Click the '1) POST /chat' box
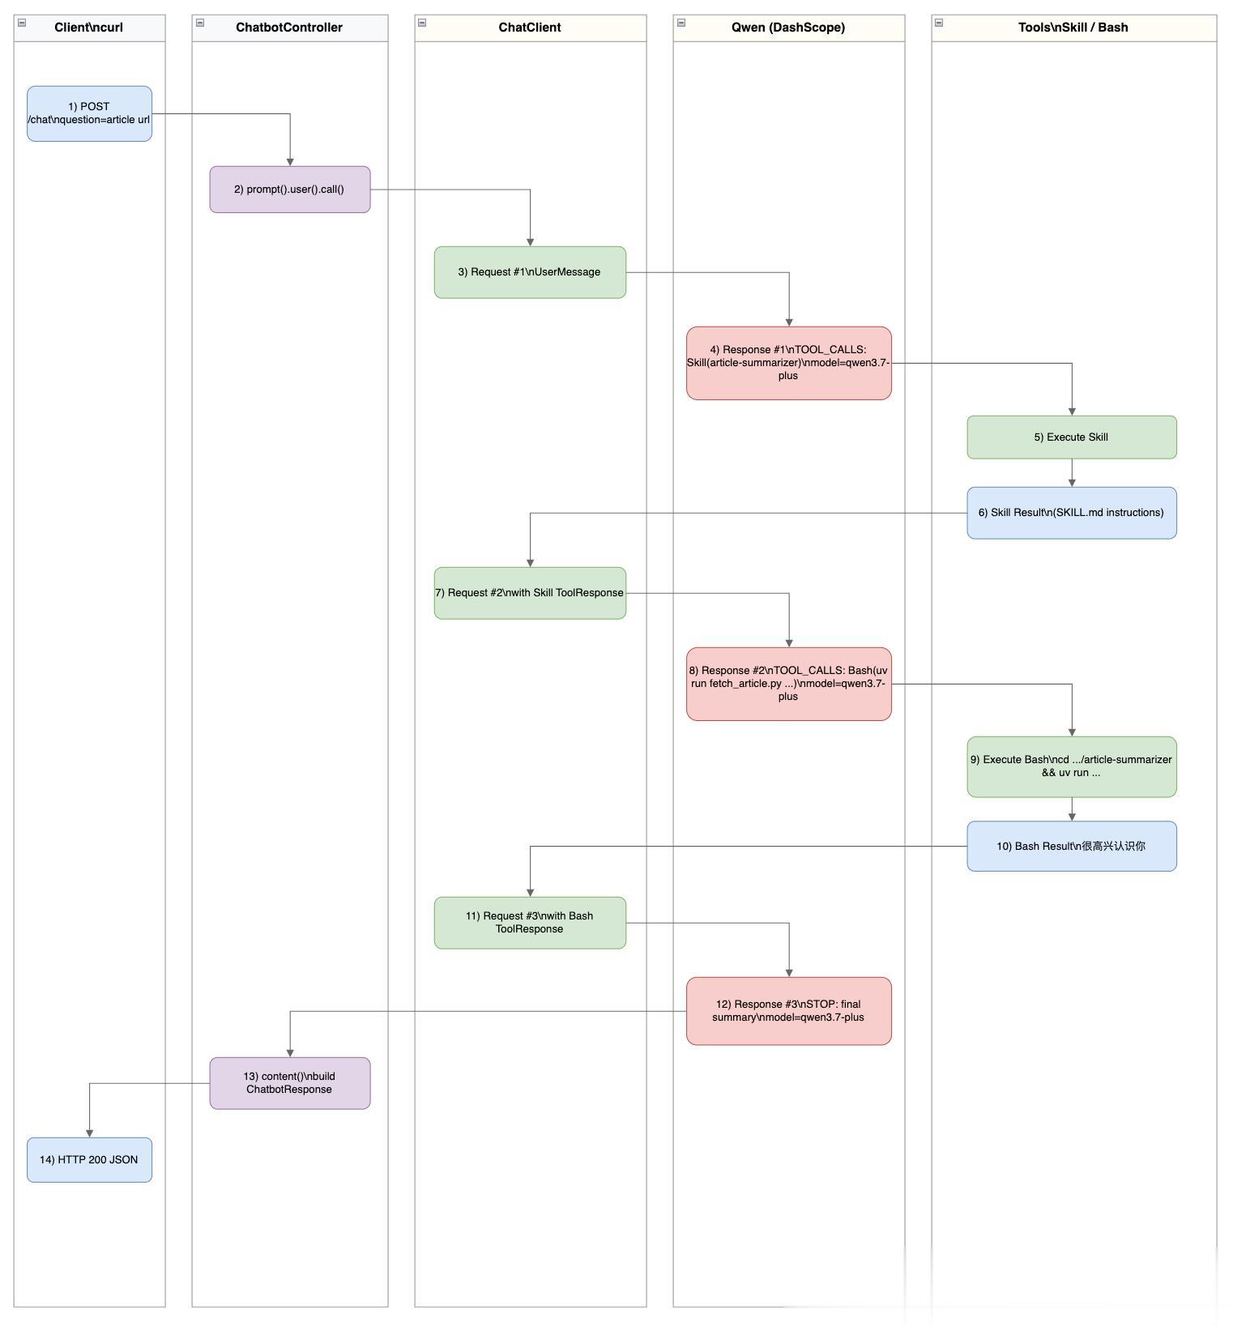(89, 113)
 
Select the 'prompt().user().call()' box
(290, 190)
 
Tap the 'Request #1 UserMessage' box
(530, 272)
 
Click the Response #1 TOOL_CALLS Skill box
(789, 363)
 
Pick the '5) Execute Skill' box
(1072, 437)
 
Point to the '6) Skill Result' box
(1072, 513)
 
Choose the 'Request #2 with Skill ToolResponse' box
(530, 593)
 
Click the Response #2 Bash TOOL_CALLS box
(789, 684)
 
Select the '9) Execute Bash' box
(1072, 766)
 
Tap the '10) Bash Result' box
(1072, 847)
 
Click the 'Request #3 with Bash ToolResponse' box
(530, 923)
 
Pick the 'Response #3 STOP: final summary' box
(789, 1011)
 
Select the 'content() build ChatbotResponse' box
(290, 1083)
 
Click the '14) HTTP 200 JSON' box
(89, 1160)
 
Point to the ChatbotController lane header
(290, 28)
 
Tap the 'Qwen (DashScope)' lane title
(788, 28)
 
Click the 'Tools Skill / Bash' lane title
(1073, 28)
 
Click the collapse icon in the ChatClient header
(422, 23)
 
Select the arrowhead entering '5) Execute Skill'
(1072, 412)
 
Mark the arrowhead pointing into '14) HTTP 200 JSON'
(89, 1133)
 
